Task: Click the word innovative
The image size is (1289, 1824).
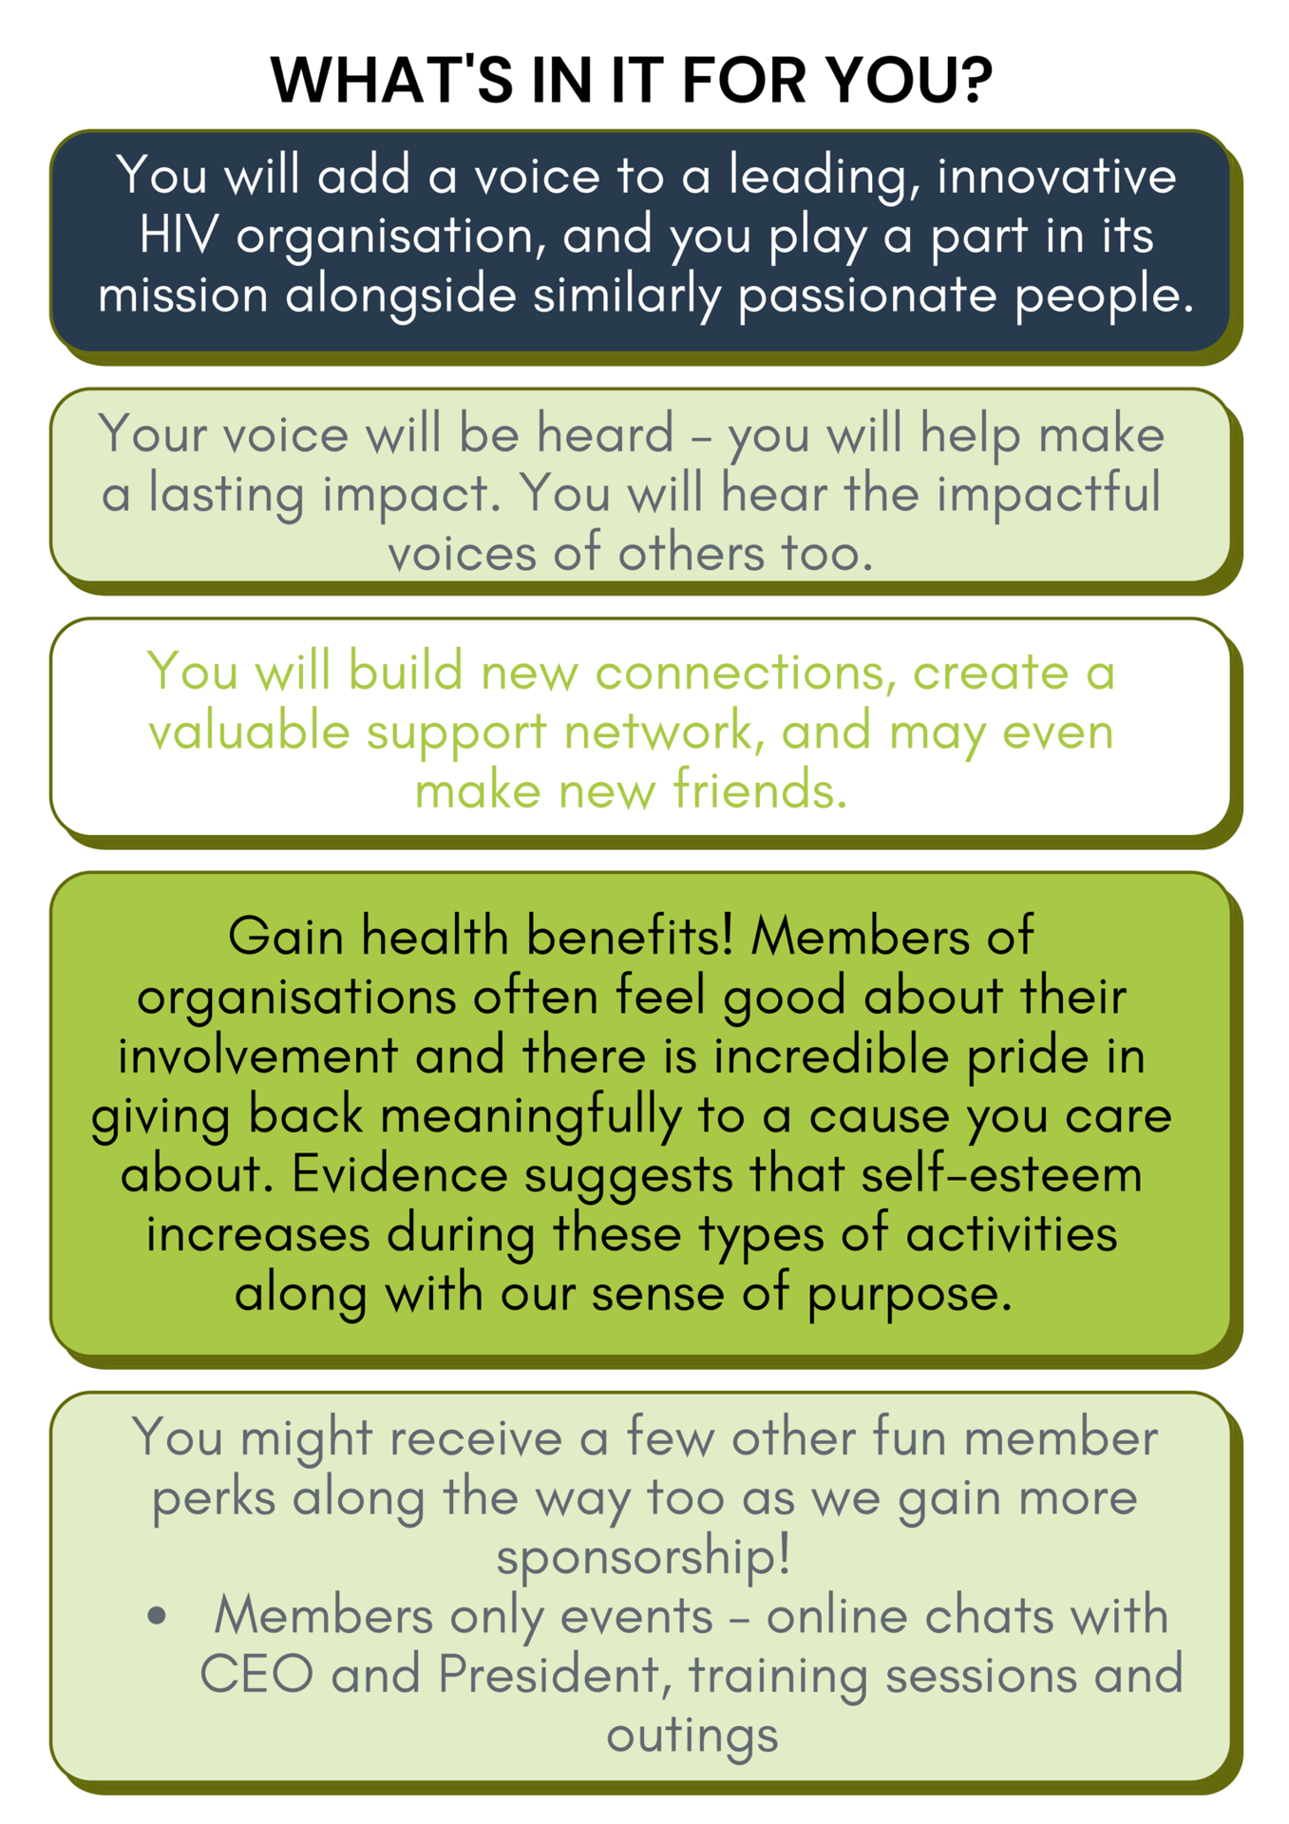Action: [1056, 176]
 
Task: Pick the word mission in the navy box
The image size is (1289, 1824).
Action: [183, 294]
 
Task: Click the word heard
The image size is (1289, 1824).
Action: [605, 434]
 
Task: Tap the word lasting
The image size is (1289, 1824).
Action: [225, 495]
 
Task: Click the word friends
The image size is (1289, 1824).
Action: [760, 790]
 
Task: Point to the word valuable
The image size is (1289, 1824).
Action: [249, 731]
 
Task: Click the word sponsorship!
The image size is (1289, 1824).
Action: [644, 1557]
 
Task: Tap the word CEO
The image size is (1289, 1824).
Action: [256, 1675]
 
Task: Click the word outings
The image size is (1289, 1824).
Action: [692, 1736]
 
